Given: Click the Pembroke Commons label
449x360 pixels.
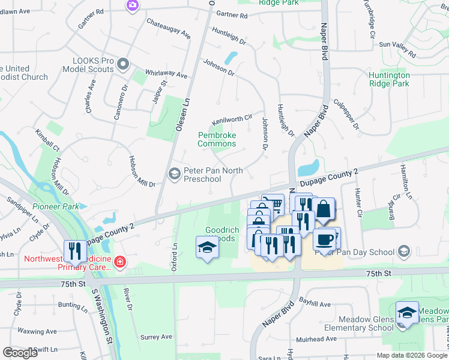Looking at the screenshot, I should pos(217,139).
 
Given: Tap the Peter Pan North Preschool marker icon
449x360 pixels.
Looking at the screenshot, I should pos(175,175).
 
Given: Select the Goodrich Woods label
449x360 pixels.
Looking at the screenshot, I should pos(222,234).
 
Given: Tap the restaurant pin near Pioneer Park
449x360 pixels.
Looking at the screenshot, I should pos(75,250).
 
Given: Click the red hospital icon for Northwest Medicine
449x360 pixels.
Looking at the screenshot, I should pos(119,262).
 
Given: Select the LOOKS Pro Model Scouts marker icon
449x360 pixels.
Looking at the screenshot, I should pos(123,64).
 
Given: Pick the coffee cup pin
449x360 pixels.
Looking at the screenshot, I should pos(324,239).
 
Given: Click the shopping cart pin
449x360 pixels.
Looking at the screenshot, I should pos(274,205).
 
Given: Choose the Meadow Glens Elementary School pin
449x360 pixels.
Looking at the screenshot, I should pos(407,313).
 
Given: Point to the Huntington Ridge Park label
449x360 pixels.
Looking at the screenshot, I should pos(390,79).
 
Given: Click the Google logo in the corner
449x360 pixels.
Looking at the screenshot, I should pos(20,353).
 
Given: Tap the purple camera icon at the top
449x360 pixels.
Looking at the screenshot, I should pos(132,5).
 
